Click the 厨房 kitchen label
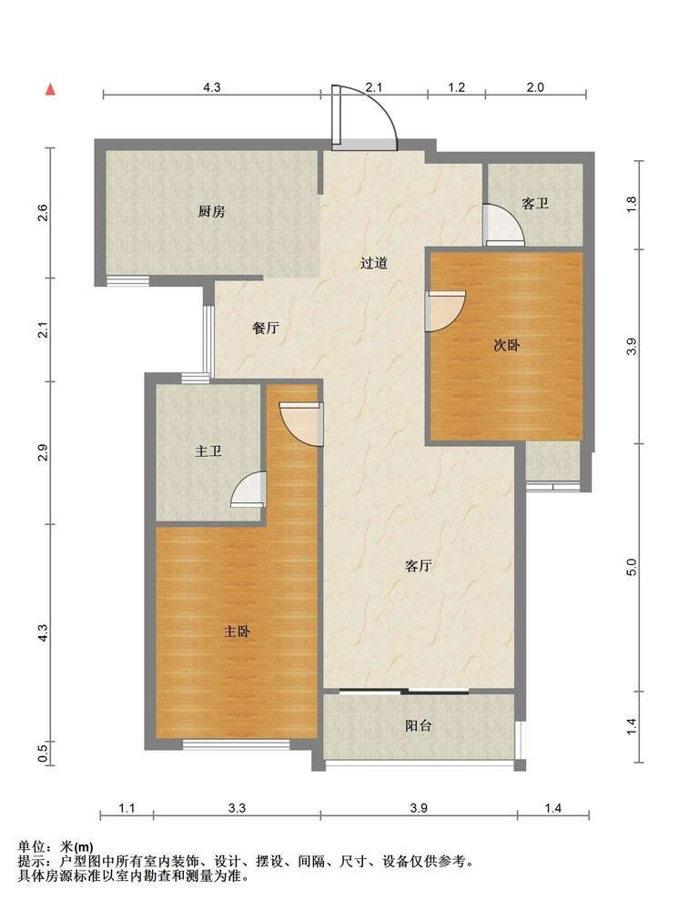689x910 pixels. [x=211, y=212]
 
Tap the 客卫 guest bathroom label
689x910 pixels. [x=535, y=204]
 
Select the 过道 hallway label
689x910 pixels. [x=373, y=263]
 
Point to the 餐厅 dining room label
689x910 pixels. [x=265, y=328]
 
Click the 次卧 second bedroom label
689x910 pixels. [x=506, y=345]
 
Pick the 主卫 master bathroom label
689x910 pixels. [x=208, y=450]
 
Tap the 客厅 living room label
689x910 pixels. [x=418, y=566]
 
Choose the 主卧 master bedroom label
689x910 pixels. [x=237, y=631]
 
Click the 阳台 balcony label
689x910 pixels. [x=418, y=725]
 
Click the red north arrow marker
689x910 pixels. [x=50, y=89]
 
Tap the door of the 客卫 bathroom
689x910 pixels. [x=504, y=225]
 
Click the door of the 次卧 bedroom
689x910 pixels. [x=445, y=311]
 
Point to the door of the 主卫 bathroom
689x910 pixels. [x=248, y=490]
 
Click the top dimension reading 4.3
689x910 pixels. [x=212, y=87]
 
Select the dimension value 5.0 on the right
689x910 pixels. [x=632, y=567]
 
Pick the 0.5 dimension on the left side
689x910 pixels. [x=43, y=753]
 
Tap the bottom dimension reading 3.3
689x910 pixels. [x=237, y=808]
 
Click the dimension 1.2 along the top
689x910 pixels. [x=457, y=87]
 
